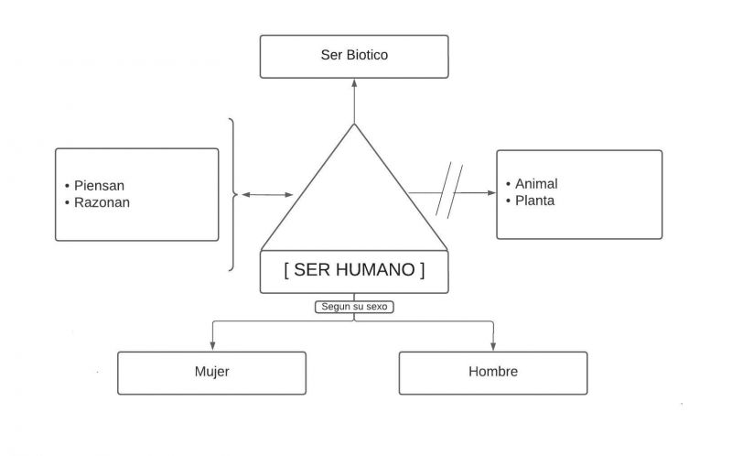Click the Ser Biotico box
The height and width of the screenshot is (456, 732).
point(353,56)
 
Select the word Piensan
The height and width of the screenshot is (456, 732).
point(100,185)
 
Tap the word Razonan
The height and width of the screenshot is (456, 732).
point(102,202)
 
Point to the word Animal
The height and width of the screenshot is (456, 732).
point(536,184)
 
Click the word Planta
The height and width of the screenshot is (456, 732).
point(534,201)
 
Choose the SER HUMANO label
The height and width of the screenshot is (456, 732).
point(354,271)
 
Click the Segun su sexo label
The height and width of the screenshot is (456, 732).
point(354,308)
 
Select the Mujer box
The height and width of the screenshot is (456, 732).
point(211,373)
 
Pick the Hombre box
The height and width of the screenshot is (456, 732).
point(493,373)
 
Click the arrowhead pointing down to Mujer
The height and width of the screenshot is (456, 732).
point(212,345)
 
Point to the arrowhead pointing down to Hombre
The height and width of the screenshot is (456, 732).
point(494,345)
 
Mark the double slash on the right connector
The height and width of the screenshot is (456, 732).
point(449,190)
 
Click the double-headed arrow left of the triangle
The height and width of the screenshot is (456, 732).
point(267,195)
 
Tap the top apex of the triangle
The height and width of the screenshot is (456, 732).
point(354,125)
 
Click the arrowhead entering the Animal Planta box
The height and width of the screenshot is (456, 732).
point(490,192)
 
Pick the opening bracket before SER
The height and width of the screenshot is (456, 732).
point(287,271)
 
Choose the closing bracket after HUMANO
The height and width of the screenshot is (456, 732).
point(421,271)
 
